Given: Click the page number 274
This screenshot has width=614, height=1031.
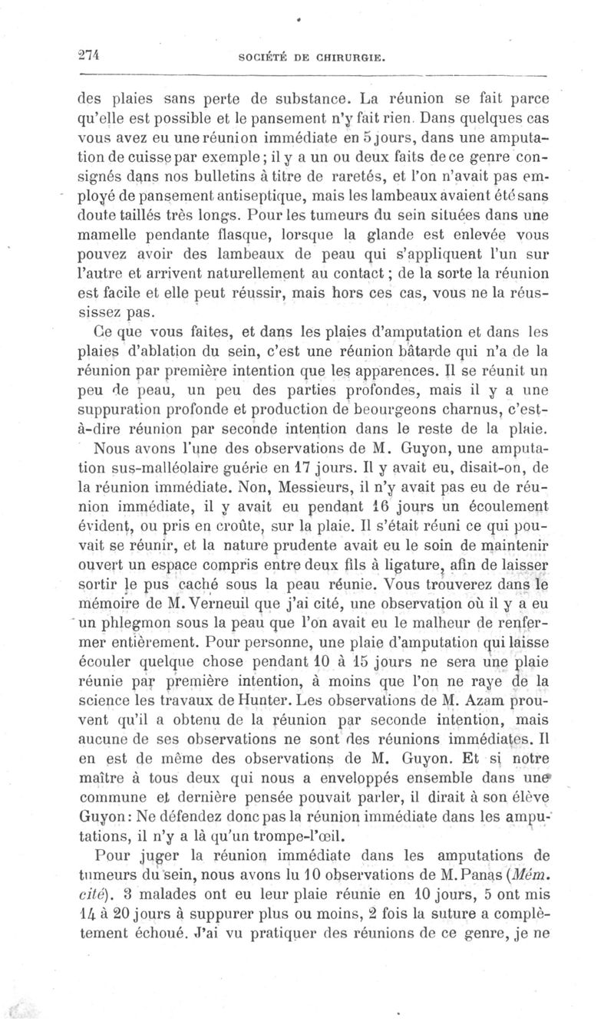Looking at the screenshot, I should (91, 54).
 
